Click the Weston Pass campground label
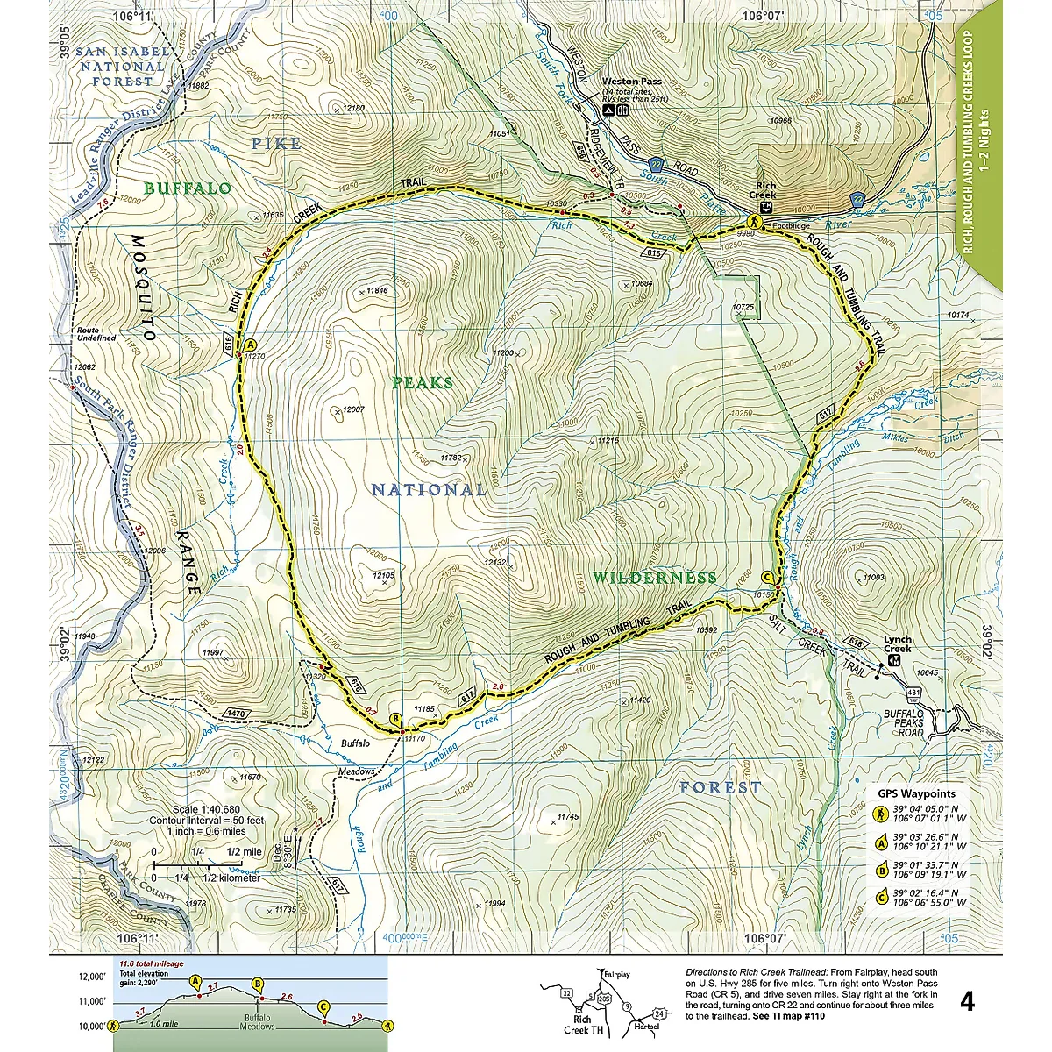pyautogui.click(x=631, y=82)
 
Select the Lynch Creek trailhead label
pyautogui.click(x=897, y=644)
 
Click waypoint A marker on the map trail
pyautogui.click(x=250, y=345)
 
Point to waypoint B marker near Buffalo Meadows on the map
pyautogui.click(x=395, y=720)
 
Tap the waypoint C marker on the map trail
pyautogui.click(x=767, y=577)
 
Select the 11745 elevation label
pyautogui.click(x=568, y=816)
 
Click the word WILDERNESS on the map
pyautogui.click(x=654, y=578)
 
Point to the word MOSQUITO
pyautogui.click(x=143, y=288)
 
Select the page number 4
pyautogui.click(x=966, y=1001)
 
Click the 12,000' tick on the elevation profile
pyautogui.click(x=90, y=977)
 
